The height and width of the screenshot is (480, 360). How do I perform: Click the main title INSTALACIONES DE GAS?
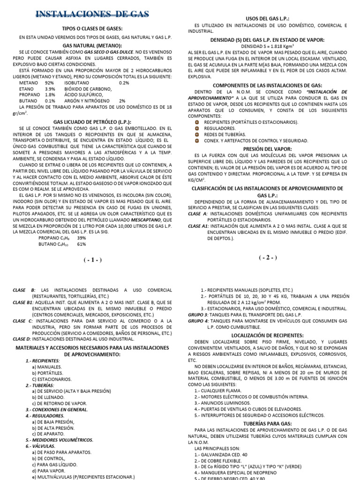click(x=92, y=15)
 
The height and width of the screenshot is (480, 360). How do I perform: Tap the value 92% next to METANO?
click(x=50, y=82)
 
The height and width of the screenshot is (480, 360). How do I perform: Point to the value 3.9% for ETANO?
click(x=50, y=89)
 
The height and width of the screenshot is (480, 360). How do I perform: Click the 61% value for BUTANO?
click(x=81, y=244)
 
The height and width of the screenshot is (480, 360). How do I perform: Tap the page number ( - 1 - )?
click(x=93, y=260)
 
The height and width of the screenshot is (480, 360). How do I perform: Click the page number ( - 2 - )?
click(x=268, y=257)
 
